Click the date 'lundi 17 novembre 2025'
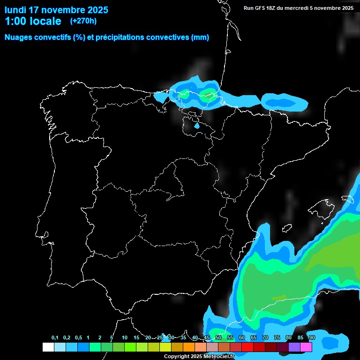click(56, 10)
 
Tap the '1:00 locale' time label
click(33, 21)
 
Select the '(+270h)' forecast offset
click(83, 21)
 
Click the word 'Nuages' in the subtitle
click(19, 37)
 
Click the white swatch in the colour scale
click(48, 347)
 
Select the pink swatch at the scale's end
click(306, 347)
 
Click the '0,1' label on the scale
click(55, 338)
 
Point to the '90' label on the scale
click(312, 338)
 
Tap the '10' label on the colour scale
click(125, 338)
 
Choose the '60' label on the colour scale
click(242, 338)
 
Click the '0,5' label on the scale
click(78, 338)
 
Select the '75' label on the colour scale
click(277, 338)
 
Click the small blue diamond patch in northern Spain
click(197, 126)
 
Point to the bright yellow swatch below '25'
click(165, 347)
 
